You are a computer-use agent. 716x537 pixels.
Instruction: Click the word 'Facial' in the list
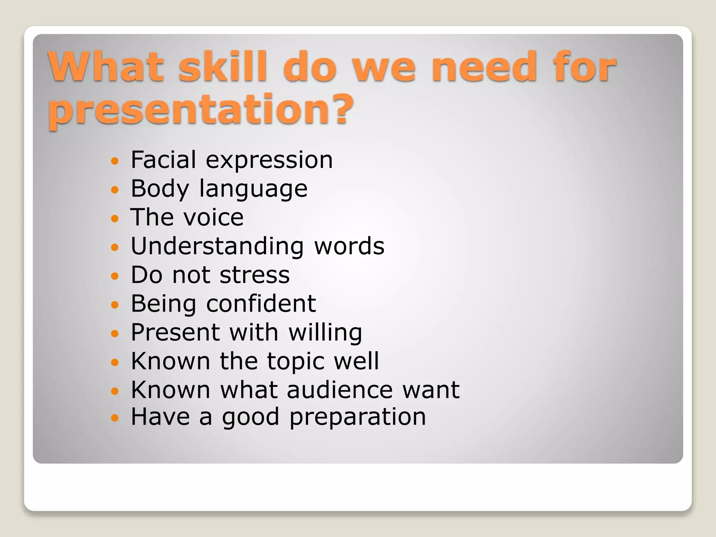pyautogui.click(x=163, y=160)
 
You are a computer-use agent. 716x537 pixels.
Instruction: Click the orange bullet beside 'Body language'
pyautogui.click(x=115, y=190)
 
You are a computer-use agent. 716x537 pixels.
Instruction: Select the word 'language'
pyautogui.click(x=253, y=189)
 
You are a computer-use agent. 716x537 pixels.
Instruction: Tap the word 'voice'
pyautogui.click(x=214, y=217)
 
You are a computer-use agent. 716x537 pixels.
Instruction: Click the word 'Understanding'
pyautogui.click(x=217, y=246)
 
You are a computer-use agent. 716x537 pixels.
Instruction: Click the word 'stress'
pyautogui.click(x=255, y=275)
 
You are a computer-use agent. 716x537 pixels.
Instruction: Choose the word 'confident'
pyautogui.click(x=261, y=303)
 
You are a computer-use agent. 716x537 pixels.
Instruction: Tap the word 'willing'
pyautogui.click(x=325, y=333)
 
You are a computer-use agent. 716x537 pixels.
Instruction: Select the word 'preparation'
pyautogui.click(x=358, y=417)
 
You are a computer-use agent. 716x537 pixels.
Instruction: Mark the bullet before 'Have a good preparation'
pyautogui.click(x=115, y=417)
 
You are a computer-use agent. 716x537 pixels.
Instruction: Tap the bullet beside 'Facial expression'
pyautogui.click(x=115, y=161)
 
